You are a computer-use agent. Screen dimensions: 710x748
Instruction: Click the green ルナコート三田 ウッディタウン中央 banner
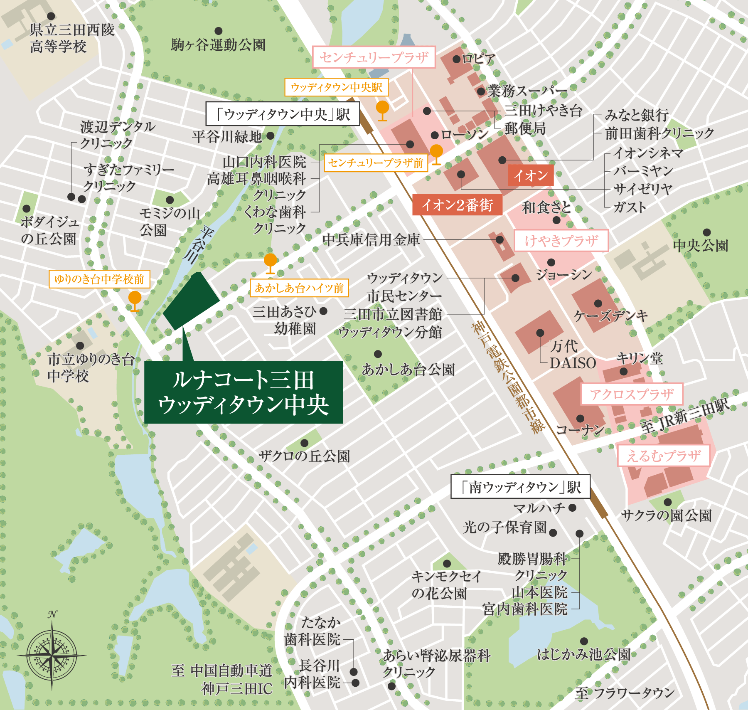coord(243,392)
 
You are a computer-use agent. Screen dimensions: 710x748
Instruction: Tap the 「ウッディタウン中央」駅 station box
coord(283,114)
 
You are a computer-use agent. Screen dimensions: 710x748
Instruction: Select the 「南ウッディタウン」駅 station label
coord(520,486)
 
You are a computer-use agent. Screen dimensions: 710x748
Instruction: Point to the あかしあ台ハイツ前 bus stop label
coord(299,288)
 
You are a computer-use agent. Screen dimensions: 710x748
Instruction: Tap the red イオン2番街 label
coord(457,205)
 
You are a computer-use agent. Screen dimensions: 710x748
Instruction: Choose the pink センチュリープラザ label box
coord(374,57)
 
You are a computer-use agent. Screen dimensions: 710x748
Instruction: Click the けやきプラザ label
coord(561,241)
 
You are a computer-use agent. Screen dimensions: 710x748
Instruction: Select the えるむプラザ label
coord(663,456)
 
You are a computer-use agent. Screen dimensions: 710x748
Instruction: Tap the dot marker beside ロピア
coord(456,59)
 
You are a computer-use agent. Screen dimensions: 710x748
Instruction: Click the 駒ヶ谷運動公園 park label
coord(218,44)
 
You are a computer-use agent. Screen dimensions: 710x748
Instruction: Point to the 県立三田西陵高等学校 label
coord(72,38)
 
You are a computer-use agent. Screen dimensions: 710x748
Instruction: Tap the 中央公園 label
coord(701,246)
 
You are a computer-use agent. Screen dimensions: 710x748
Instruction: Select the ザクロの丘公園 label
coord(304,456)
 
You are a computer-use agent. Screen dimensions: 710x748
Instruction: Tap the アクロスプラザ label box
coord(631,394)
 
